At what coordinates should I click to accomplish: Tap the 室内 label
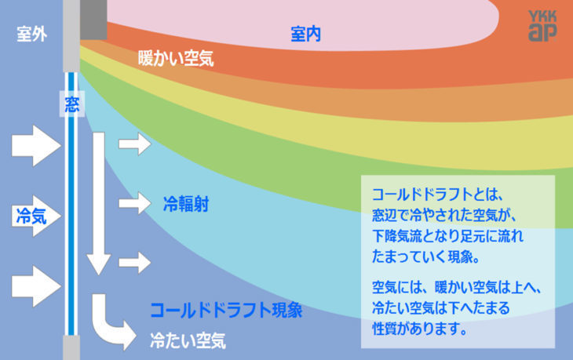pos(305,34)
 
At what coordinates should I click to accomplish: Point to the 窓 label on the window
pos(71,102)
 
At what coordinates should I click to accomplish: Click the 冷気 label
pos(31,216)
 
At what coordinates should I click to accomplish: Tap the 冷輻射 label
pos(185,204)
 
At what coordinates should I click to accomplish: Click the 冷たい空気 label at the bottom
pos(188,340)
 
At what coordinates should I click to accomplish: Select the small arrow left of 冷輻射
pos(133,203)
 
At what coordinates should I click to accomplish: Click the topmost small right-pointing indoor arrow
pos(133,144)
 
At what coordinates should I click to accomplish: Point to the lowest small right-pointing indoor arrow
pos(133,262)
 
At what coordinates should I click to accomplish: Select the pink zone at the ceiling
pos(314,16)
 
